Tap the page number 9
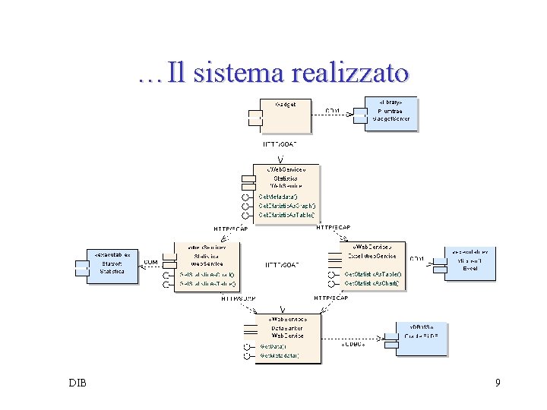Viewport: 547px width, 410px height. click(x=498, y=383)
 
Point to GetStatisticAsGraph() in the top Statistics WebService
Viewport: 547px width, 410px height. click(x=287, y=205)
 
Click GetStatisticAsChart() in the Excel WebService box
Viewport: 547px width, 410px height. click(x=372, y=283)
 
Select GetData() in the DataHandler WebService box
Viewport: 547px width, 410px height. click(x=273, y=346)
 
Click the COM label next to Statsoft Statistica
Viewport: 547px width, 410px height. click(x=151, y=262)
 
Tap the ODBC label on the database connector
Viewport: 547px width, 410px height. click(x=352, y=343)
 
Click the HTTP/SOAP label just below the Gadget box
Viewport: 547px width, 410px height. click(x=280, y=143)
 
